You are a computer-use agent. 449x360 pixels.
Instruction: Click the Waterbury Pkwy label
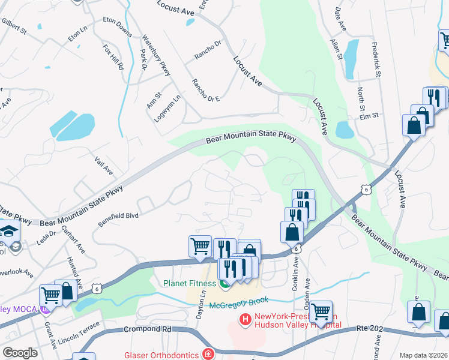[x=157, y=55]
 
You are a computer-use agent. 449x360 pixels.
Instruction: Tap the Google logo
[x=20, y=353]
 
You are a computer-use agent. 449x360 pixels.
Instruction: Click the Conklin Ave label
[x=295, y=274]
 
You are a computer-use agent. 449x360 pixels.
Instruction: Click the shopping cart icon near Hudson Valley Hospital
[x=321, y=311]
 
